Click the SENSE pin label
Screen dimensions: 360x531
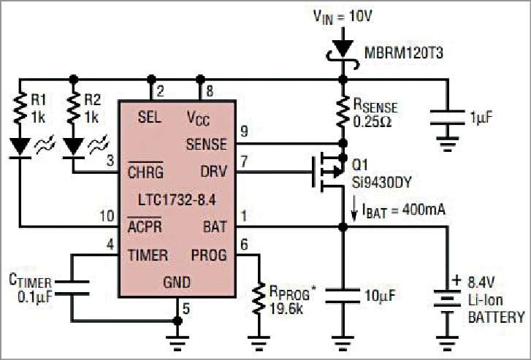(206, 143)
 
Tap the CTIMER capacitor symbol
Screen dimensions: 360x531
(72, 286)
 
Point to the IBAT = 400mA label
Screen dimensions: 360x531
(401, 211)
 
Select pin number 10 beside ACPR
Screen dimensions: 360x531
(108, 216)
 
